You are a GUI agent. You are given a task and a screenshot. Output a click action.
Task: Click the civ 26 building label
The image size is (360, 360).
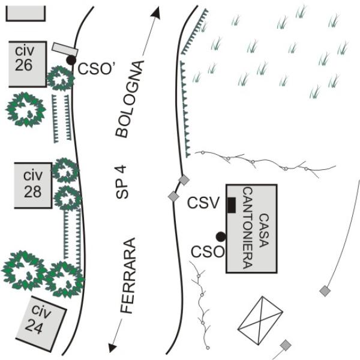coord(25,58)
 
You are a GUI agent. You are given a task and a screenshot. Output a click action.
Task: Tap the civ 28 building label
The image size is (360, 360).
coord(33,184)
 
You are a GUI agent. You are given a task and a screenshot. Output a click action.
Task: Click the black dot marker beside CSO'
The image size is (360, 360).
coord(71,60)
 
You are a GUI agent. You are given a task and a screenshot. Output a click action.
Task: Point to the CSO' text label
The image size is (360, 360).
coord(96,68)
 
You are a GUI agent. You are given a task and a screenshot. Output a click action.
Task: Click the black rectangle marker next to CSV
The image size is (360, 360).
coord(231,205)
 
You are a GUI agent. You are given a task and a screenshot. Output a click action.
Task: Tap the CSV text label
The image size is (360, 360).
coord(203,203)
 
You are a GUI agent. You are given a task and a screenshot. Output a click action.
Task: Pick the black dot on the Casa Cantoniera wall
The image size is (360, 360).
coord(221,237)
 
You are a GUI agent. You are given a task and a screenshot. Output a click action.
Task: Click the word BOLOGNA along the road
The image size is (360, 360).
coord(130,99)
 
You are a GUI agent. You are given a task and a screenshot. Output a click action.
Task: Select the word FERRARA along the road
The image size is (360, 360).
coord(128,275)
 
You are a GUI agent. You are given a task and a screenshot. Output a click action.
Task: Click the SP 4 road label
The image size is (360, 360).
coord(122,182)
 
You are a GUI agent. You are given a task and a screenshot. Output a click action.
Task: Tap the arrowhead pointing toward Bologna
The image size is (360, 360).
coord(155,12)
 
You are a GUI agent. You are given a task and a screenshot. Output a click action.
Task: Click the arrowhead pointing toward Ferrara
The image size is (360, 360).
coord(113,347)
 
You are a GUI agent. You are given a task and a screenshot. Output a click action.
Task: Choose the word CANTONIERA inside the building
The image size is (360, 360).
coord(248,228)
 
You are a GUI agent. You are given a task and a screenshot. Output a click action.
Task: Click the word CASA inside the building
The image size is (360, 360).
coord(264,230)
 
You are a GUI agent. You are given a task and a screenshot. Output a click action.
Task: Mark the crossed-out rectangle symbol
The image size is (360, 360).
coord(260,321)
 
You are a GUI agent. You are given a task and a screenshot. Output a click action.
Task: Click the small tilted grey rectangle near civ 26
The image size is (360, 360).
coord(65,49)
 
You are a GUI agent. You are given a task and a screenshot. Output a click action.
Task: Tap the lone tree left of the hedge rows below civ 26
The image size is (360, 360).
coord(26,110)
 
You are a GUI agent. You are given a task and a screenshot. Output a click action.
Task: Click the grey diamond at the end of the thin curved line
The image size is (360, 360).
coord(325,291)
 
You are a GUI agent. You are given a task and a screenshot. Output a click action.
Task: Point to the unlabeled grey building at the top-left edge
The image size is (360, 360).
coord(25,14)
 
